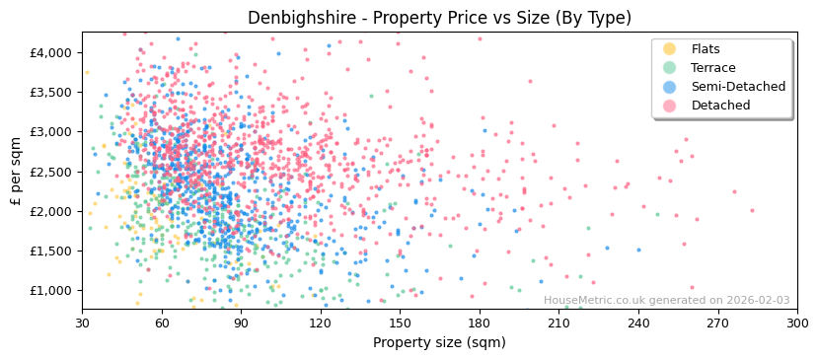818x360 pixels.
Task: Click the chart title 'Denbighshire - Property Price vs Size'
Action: pyautogui.click(x=439, y=18)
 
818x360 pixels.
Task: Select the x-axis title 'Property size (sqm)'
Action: pyautogui.click(x=439, y=342)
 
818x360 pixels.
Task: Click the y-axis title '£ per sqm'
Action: pyautogui.click(x=16, y=171)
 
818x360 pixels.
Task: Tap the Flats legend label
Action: pyautogui.click(x=705, y=49)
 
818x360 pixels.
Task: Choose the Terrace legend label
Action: pyautogui.click(x=712, y=68)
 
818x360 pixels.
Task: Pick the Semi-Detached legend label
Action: pyautogui.click(x=738, y=87)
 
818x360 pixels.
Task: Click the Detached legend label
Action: pyautogui.click(x=720, y=106)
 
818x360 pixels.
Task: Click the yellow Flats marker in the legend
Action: pyautogui.click(x=670, y=49)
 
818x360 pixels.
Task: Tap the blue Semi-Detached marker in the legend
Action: pyautogui.click(x=670, y=87)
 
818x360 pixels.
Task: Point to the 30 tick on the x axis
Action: pyautogui.click(x=82, y=323)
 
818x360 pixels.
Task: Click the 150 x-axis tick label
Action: pyautogui.click(x=400, y=323)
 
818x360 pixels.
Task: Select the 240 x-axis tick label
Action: pyautogui.click(x=638, y=323)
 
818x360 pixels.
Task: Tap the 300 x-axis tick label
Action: pyautogui.click(x=797, y=323)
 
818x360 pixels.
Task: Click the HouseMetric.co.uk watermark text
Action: pyautogui.click(x=666, y=301)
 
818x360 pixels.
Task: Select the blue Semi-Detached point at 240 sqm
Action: pyautogui.click(x=638, y=250)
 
